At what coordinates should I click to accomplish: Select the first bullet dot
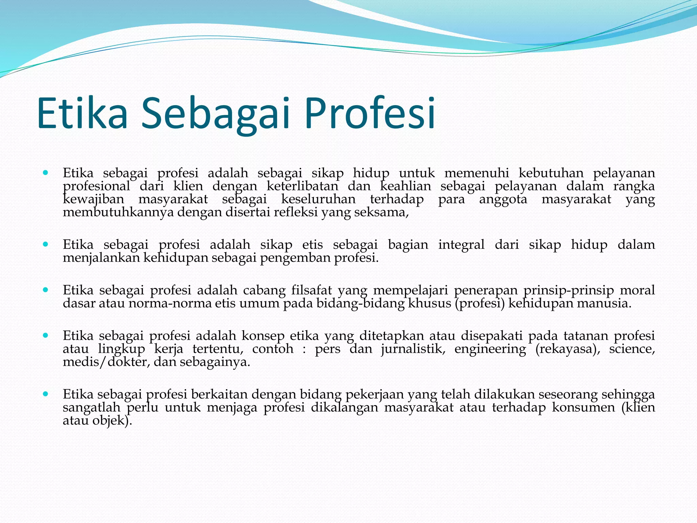point(46,173)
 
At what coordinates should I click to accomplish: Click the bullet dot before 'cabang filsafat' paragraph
point(46,290)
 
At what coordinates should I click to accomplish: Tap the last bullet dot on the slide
point(46,394)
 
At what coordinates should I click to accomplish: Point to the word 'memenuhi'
point(476,173)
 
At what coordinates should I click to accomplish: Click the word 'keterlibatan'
point(302,186)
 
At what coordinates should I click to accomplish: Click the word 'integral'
point(461,245)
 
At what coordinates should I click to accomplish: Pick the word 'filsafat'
point(311,290)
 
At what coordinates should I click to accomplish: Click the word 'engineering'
point(490,349)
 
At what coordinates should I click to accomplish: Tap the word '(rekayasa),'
point(568,349)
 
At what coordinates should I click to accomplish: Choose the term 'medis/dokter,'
point(106,362)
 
